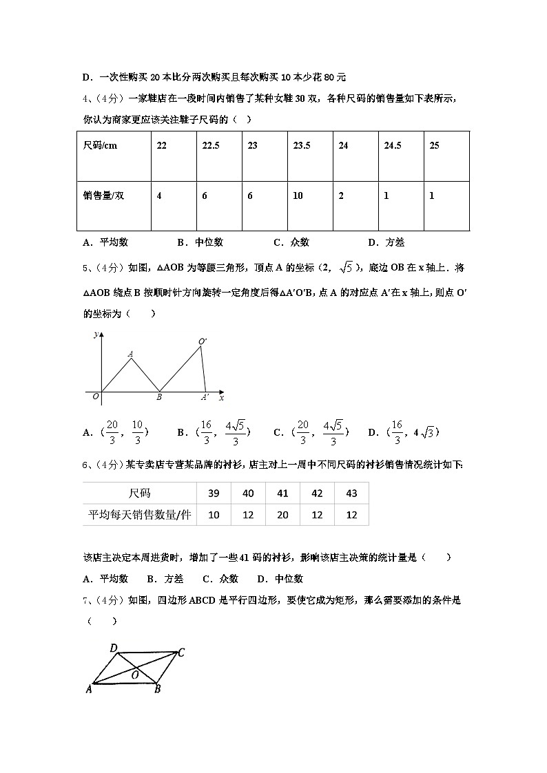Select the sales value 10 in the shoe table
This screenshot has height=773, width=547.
pyautogui.click(x=298, y=196)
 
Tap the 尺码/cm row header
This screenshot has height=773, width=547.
pyautogui.click(x=100, y=146)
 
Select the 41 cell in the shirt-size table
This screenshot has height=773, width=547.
pyautogui.click(x=282, y=493)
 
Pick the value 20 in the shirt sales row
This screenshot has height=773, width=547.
pyautogui.click(x=282, y=514)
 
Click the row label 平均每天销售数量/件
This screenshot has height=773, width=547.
pyautogui.click(x=139, y=514)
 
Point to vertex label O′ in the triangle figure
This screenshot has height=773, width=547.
pyautogui.click(x=203, y=341)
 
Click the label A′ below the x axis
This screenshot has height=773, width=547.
pyautogui.click(x=205, y=397)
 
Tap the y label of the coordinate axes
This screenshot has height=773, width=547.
pyautogui.click(x=94, y=334)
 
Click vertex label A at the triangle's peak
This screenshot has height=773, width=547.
pyautogui.click(x=130, y=354)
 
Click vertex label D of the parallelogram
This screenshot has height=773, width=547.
pyautogui.click(x=114, y=648)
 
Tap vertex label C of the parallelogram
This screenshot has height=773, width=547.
pyautogui.click(x=180, y=653)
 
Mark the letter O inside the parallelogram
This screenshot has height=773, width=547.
pyautogui.click(x=136, y=675)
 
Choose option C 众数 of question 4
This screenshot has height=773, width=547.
pyautogui.click(x=291, y=242)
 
